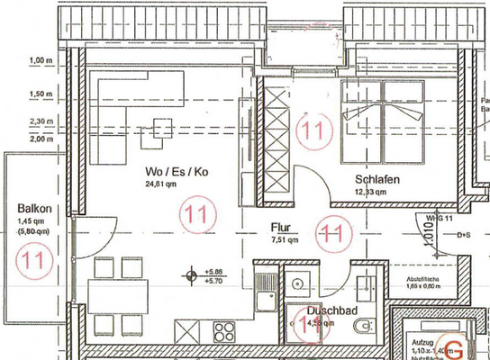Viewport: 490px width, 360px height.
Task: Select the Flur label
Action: [284, 229]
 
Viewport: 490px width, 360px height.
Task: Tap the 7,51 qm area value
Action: [284, 240]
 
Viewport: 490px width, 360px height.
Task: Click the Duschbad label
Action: [325, 310]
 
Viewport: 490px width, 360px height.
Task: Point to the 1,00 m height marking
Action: [41, 61]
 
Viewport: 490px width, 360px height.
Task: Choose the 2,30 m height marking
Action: [41, 121]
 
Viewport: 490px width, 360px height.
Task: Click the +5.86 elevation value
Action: [214, 271]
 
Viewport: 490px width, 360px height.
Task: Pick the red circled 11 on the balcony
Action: [34, 260]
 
